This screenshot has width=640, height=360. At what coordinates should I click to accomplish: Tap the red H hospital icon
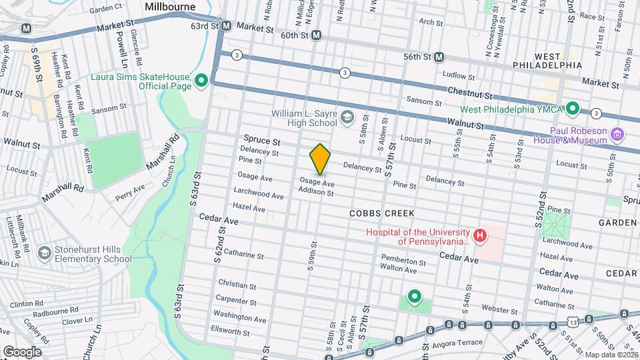(x=478, y=235)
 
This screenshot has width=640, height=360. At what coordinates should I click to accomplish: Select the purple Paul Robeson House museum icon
(x=617, y=135)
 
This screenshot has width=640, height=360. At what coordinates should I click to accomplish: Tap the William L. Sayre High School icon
(x=347, y=118)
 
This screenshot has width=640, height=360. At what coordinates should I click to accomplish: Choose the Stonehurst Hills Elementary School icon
(x=45, y=253)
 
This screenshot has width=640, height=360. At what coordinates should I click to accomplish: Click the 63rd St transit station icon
(x=226, y=26)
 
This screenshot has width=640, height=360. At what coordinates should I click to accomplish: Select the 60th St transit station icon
(x=316, y=35)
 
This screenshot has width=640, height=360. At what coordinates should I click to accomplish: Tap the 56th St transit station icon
(x=439, y=57)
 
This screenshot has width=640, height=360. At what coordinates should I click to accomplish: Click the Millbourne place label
(x=170, y=7)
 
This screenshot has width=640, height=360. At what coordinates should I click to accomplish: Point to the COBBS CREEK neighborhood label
(x=382, y=213)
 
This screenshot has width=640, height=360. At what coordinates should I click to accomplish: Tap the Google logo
(x=22, y=351)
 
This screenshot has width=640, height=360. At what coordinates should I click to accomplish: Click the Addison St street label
(x=316, y=191)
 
